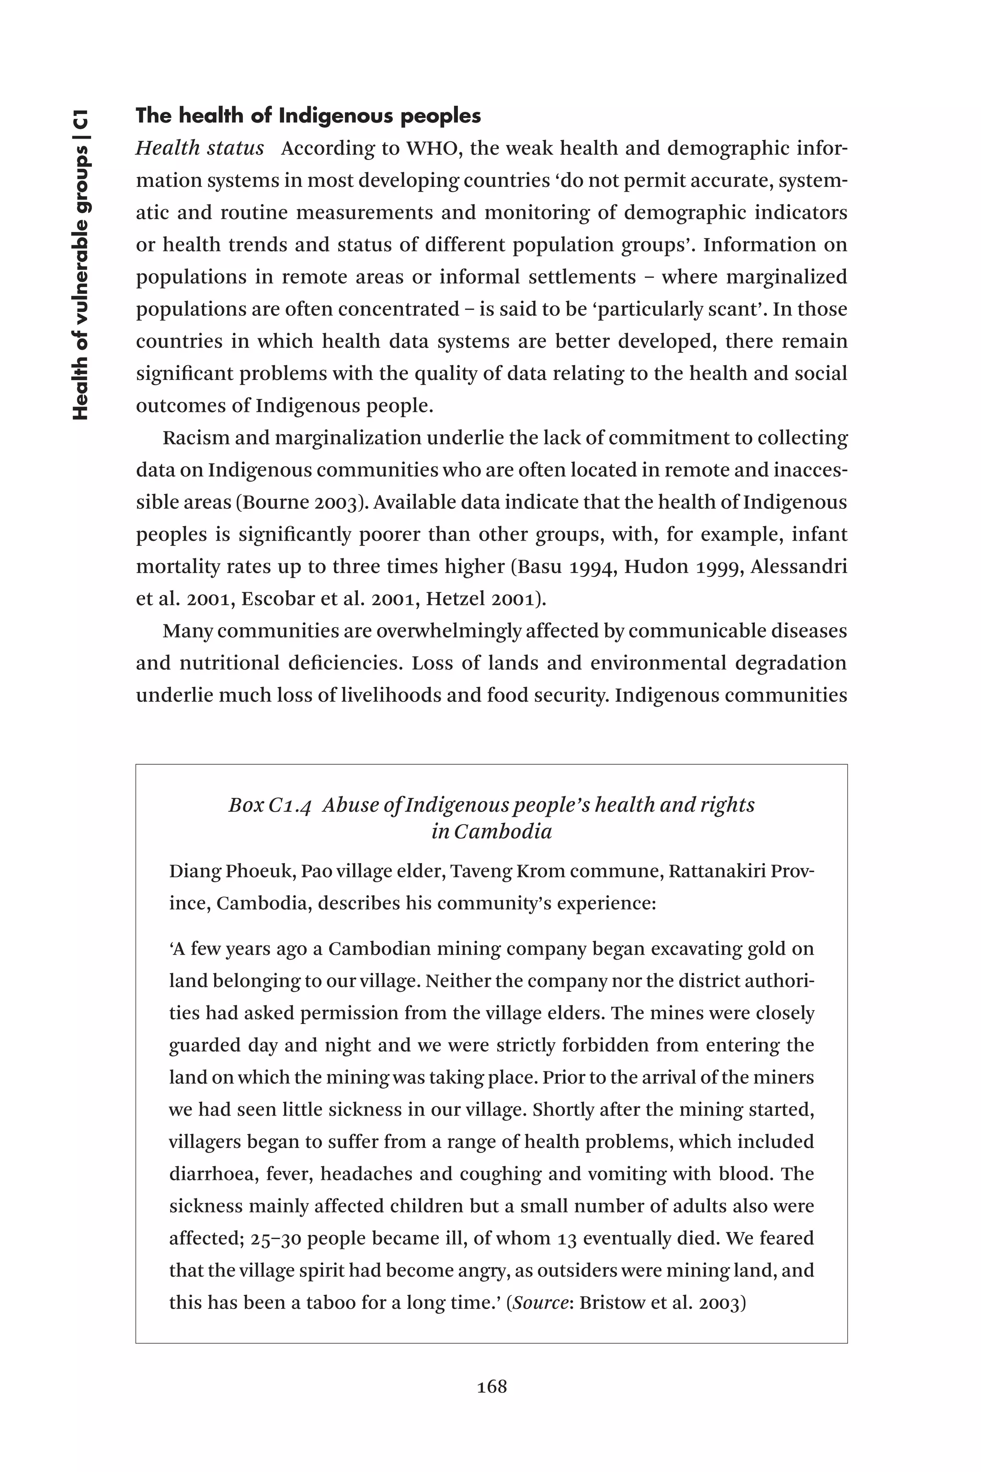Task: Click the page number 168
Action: [492, 1386]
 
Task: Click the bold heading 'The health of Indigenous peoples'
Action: [308, 116]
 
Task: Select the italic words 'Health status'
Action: [200, 149]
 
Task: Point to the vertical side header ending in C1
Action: [81, 264]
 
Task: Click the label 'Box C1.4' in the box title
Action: [270, 805]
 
